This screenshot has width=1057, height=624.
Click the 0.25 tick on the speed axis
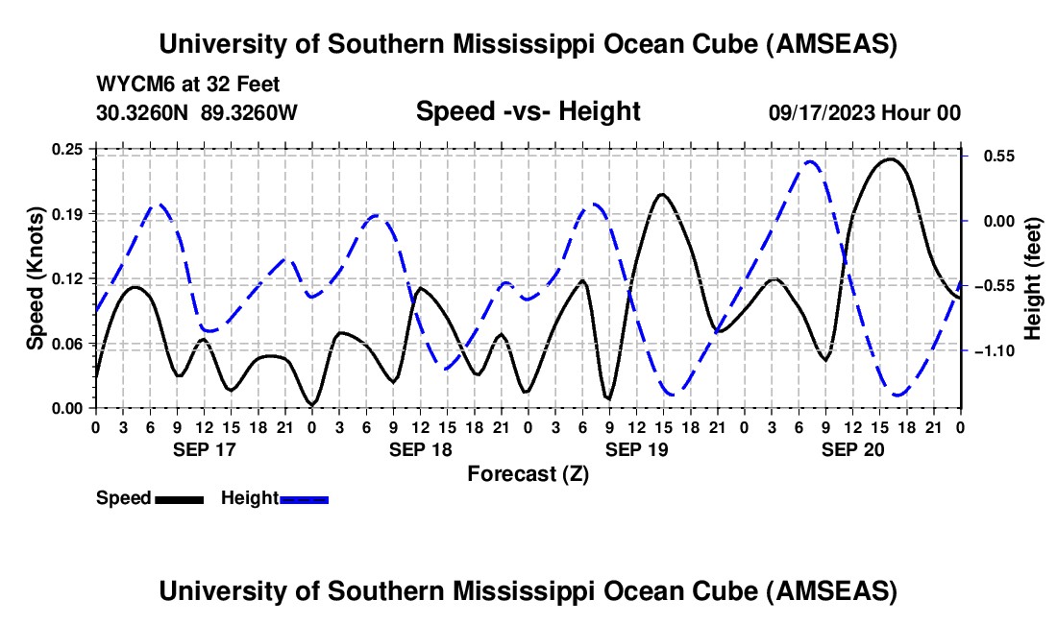click(70, 149)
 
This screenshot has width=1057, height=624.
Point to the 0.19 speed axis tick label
click(70, 213)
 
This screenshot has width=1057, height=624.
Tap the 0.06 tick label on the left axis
click(70, 344)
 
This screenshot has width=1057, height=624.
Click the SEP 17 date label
click(204, 449)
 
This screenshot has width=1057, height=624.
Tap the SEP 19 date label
click(636, 449)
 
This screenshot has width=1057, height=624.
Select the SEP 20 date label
click(852, 449)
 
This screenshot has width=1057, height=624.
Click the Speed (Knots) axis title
click(36, 278)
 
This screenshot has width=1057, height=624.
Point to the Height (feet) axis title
click(1033, 278)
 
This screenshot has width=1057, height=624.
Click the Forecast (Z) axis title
click(528, 473)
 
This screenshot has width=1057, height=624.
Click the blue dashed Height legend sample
click(305, 499)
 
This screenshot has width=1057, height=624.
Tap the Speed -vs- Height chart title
click(528, 111)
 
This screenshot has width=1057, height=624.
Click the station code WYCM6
click(129, 85)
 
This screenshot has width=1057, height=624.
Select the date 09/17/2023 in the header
click(823, 112)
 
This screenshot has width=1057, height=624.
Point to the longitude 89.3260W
click(249, 112)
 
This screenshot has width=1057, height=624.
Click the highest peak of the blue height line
click(810, 161)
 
